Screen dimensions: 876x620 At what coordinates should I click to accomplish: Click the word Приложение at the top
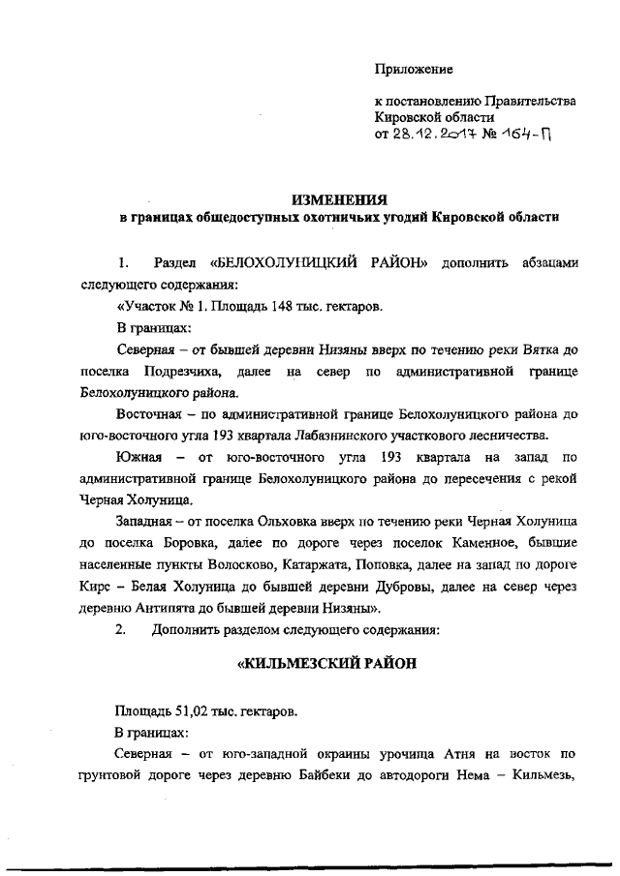[x=414, y=69]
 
